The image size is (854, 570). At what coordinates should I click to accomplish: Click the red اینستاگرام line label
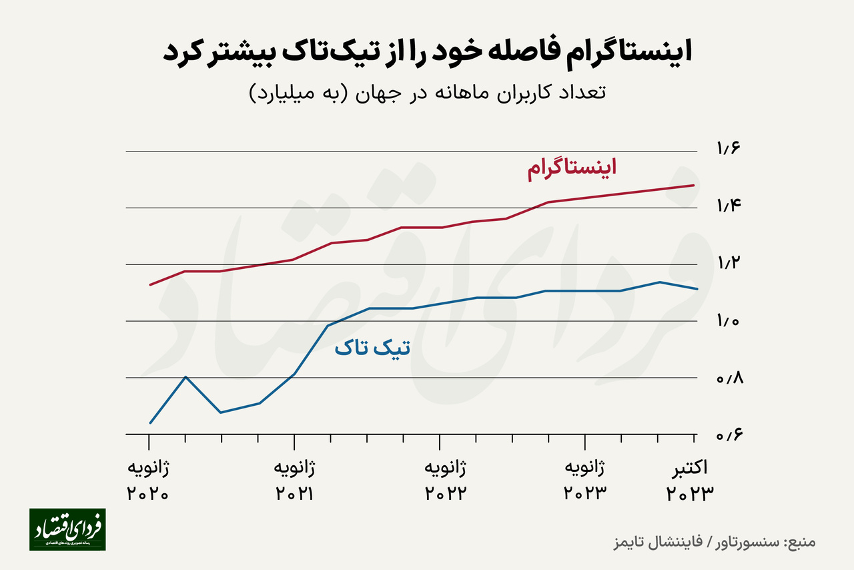pos(572,167)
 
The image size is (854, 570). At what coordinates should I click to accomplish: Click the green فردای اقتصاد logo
pos(67,529)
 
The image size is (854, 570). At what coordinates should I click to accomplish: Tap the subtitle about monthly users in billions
pos(427,92)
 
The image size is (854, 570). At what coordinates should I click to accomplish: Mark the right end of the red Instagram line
pos(695,186)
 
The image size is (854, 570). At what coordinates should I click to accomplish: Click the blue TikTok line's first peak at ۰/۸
pos(185,377)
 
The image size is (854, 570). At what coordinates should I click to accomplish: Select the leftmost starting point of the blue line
pos(150,422)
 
